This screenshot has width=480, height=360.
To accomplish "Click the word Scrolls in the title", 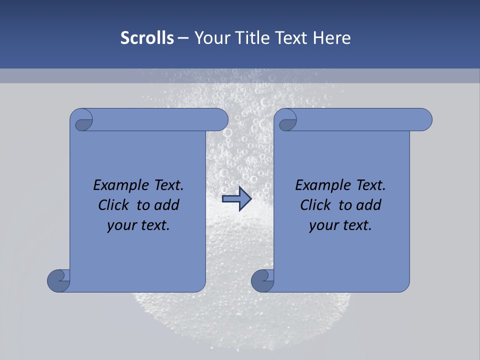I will [x=147, y=37].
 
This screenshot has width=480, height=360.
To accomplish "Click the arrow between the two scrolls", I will [x=236, y=199].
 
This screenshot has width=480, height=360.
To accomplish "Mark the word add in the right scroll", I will [x=367, y=205].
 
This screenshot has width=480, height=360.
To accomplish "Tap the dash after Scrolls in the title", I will [x=183, y=37].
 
